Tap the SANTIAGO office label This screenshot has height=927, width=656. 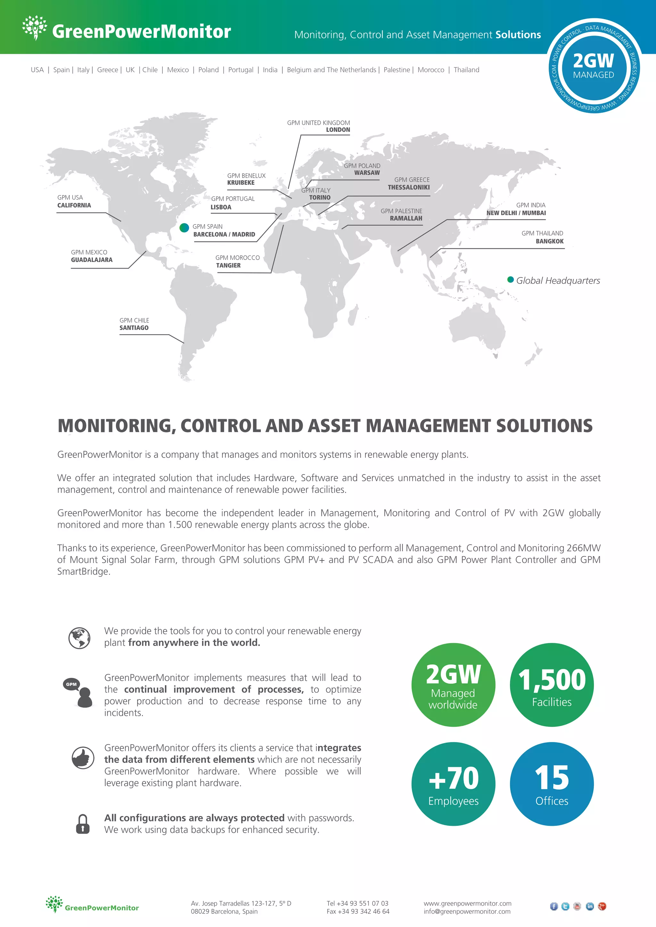point(134,328)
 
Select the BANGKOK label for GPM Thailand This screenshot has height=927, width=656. point(549,241)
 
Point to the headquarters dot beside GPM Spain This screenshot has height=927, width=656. point(184,228)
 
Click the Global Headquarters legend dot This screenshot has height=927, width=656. point(511,279)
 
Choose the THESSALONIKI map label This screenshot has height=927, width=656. point(408,187)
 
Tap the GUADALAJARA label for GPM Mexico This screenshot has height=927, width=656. point(92,260)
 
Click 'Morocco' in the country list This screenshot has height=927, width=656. point(430,70)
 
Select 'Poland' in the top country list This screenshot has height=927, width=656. point(209,70)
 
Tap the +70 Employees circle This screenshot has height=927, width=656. point(453,784)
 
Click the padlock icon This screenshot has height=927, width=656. point(83,824)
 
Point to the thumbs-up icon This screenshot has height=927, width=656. point(83,758)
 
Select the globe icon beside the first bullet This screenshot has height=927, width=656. point(79,638)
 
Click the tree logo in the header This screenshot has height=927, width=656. point(35,28)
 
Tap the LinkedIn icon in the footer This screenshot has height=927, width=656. point(590,907)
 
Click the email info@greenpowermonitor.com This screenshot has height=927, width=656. point(467,911)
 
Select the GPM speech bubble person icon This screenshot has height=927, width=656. point(79,692)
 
